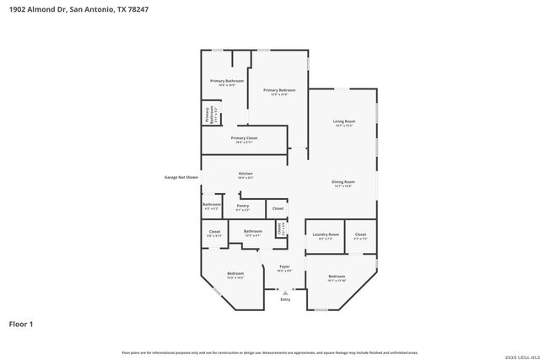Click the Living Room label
tap(343, 123)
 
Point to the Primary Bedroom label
tap(278, 91)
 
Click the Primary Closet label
tap(244, 139)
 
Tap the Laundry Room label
tap(326, 235)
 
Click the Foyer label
tap(284, 267)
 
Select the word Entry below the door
tap(285, 299)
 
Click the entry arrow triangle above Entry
tap(285, 292)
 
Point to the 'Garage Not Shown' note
tap(181, 177)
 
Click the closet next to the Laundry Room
tap(360, 235)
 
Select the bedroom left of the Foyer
tap(235, 275)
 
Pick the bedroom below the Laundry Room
tap(337, 277)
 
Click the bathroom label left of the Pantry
tap(212, 205)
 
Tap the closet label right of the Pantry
tap(278, 207)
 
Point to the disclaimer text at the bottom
tap(270, 352)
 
